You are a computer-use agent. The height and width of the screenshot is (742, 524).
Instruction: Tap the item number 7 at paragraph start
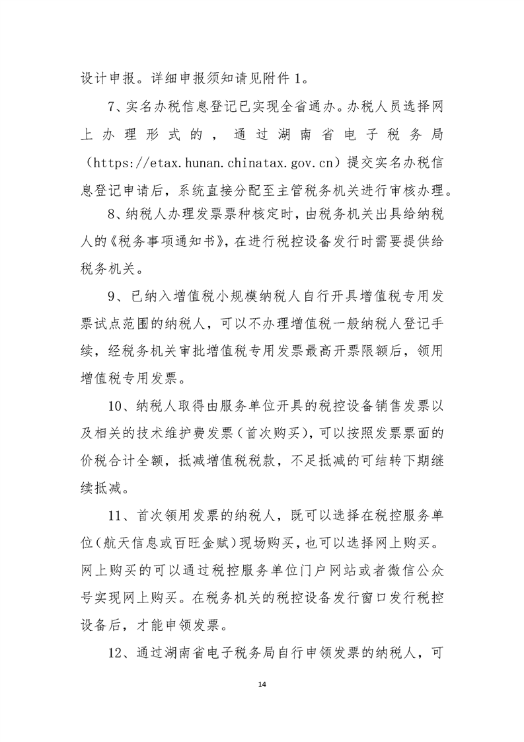pyautogui.click(x=110, y=106)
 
